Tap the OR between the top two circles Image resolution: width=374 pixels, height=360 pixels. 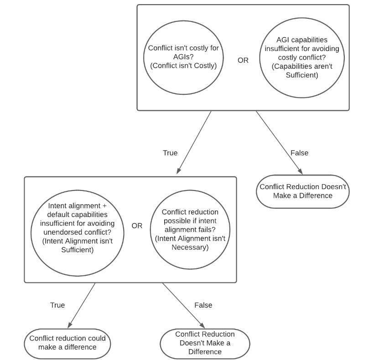click(x=243, y=60)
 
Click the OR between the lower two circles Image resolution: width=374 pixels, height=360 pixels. click(x=137, y=226)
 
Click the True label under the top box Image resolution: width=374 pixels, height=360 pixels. click(x=170, y=153)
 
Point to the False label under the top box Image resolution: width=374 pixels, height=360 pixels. click(x=299, y=153)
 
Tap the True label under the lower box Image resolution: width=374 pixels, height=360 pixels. click(x=57, y=305)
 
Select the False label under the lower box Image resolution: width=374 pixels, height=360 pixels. click(x=203, y=305)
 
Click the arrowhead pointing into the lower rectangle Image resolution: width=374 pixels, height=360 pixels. click(x=178, y=171)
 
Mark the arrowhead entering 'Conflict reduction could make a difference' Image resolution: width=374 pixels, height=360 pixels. click(x=69, y=325)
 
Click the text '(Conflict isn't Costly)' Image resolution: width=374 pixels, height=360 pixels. click(x=183, y=66)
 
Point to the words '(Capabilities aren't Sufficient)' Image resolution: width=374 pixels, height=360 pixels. click(x=302, y=71)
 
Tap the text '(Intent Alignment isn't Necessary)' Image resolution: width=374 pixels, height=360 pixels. click(x=190, y=243)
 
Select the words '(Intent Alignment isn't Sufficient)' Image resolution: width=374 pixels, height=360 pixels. click(x=77, y=246)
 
